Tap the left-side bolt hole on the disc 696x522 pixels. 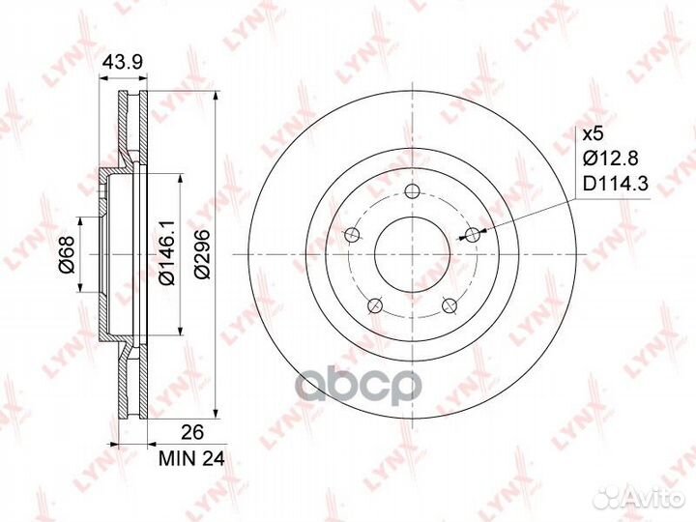(x=352, y=234)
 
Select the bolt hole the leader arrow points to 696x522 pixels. (x=473, y=234)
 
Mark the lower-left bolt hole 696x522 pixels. (x=375, y=305)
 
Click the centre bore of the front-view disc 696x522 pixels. (x=412, y=253)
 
